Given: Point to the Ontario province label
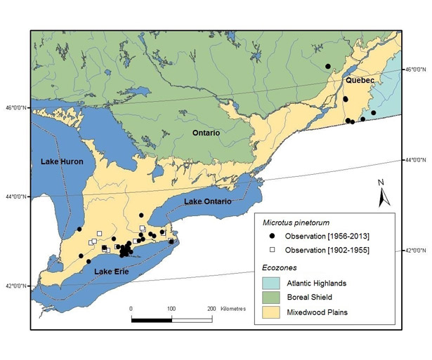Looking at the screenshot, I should tap(207, 133).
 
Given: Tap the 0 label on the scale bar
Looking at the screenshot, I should tap(131, 309).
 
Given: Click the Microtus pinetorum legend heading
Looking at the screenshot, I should tap(294, 222).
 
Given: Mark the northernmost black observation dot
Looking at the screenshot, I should tap(328, 67).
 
